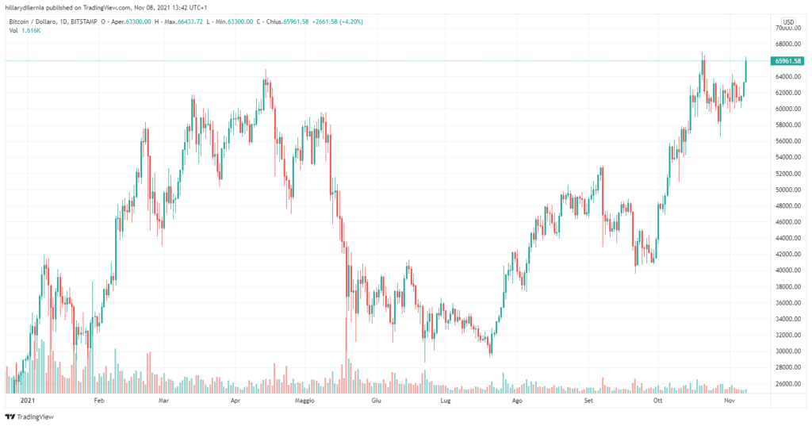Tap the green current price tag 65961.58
(x=787, y=61)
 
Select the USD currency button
(x=788, y=21)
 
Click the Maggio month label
(x=304, y=401)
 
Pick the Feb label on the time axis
(x=99, y=401)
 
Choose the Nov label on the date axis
(x=731, y=401)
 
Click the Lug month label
(x=446, y=401)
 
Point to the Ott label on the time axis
(x=657, y=401)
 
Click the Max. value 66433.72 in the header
(x=183, y=21)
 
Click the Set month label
(x=588, y=401)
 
